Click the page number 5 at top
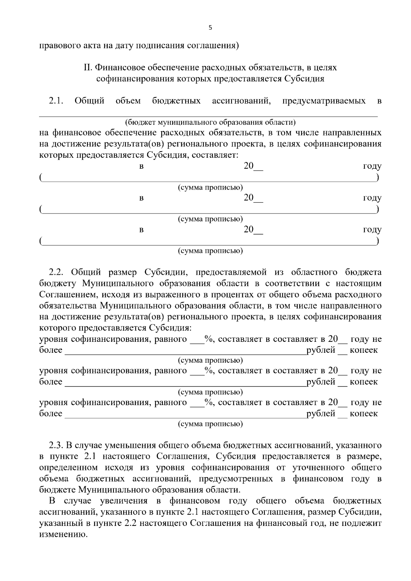coord(210,28)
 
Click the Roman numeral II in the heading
coord(87,67)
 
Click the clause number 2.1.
coord(57,101)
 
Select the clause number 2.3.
coord(57,446)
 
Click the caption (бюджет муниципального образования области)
coord(210,122)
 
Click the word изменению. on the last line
coord(64,534)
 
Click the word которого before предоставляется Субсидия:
coord(58,328)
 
